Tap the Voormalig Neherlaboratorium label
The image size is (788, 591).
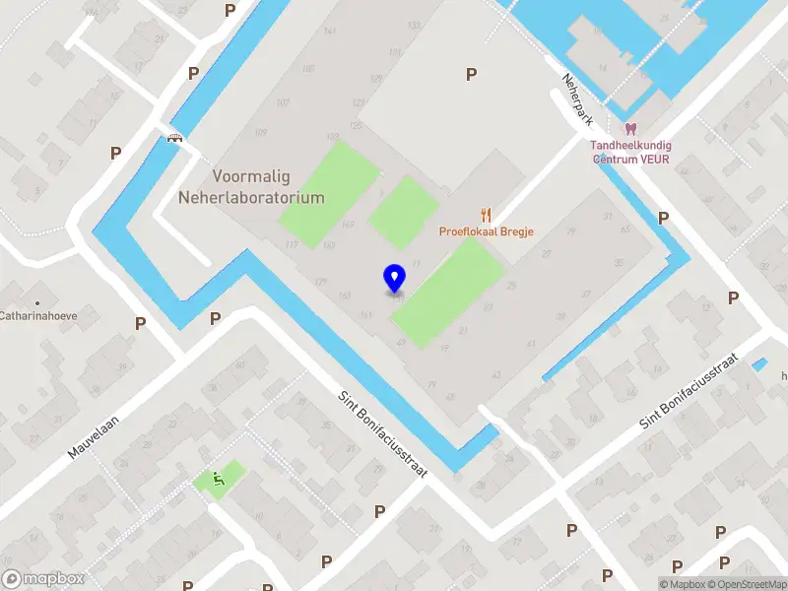point(251,187)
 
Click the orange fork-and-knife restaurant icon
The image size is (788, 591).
point(485,215)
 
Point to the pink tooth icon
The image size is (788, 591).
point(630,129)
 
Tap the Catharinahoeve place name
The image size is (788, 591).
point(38,318)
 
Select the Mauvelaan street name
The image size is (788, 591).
point(93,432)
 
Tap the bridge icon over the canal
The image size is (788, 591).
point(175,139)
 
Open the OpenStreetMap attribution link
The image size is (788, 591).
point(753,584)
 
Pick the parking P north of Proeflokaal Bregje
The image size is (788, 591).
point(471,74)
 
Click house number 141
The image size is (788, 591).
point(329,32)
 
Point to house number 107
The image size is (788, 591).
point(284,103)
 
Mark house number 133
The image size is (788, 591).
point(332,136)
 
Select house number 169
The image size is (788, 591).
point(347,225)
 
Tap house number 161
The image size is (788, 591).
point(365,315)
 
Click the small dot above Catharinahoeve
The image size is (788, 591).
point(38,302)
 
